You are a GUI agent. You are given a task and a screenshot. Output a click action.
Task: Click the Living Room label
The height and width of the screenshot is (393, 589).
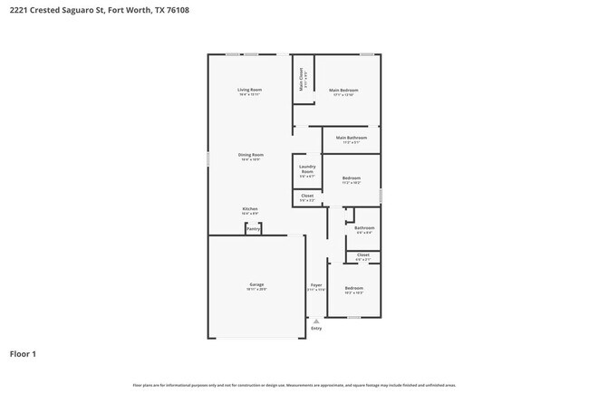coord(250,90)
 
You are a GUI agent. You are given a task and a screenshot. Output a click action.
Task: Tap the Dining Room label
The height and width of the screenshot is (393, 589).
coord(251,155)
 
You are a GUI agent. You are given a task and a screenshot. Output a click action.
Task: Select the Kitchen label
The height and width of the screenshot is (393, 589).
coord(250,209)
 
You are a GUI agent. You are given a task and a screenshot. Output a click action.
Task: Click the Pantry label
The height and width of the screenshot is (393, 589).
coord(253,228)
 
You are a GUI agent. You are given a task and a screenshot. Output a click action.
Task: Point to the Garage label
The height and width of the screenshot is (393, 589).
coord(256,284)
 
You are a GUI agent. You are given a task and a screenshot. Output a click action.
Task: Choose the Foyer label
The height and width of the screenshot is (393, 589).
coord(316,285)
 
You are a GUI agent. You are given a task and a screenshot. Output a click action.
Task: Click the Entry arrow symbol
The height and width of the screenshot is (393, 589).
coord(315,320)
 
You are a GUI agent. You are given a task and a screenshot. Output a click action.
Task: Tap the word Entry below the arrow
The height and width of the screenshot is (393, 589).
coord(316,328)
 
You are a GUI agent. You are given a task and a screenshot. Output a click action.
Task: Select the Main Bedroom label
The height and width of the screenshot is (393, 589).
coord(343,90)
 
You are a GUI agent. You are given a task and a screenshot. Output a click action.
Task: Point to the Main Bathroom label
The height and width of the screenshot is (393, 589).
coord(349,139)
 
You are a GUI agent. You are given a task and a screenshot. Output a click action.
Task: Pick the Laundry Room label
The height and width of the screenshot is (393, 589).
coord(307,169)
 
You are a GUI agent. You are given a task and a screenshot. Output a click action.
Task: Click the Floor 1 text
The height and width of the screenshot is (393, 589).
coord(23,354)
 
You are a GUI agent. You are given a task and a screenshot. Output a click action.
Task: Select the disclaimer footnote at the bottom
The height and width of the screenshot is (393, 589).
coord(294,385)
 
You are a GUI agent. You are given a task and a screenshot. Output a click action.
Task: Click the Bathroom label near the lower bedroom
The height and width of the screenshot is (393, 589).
coord(364,227)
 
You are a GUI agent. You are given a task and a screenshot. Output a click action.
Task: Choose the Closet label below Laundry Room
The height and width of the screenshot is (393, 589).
coord(307,196)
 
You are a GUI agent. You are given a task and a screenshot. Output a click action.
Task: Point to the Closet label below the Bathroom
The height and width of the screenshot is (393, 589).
coord(363,255)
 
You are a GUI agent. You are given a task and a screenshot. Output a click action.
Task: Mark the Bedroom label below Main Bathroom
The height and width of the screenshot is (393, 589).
coord(352,178)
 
